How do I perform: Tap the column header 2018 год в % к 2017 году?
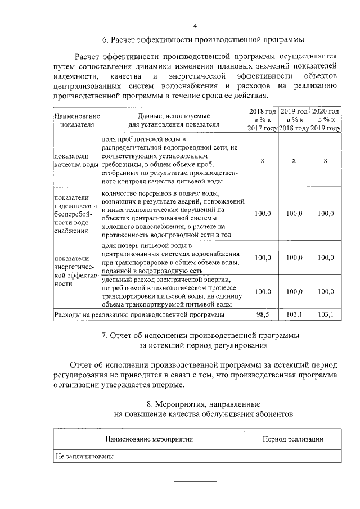[x=263, y=120]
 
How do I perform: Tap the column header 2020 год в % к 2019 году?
[x=326, y=120]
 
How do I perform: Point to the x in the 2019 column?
[x=294, y=160]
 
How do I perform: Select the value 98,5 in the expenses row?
[x=263, y=314]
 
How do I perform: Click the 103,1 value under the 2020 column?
[x=326, y=314]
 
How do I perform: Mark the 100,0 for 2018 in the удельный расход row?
[x=263, y=291]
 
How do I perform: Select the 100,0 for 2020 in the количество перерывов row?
[x=326, y=214]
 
